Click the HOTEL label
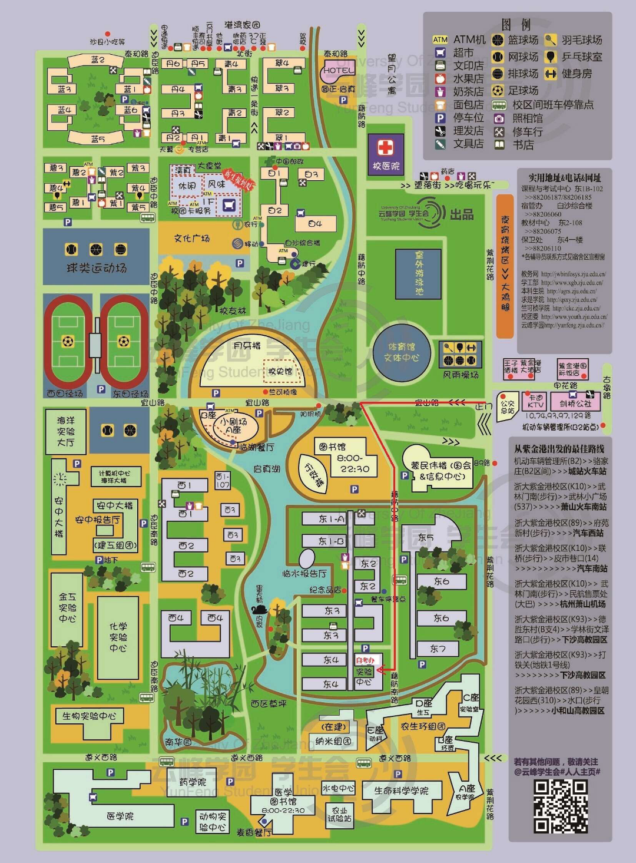(338, 71)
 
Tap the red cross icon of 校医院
(386, 147)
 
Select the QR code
(561, 806)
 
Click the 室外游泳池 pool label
(419, 273)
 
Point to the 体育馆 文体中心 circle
(402, 352)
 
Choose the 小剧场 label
(233, 422)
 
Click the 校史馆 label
(280, 371)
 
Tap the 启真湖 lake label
(266, 469)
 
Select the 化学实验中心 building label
(118, 636)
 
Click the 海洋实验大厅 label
(65, 431)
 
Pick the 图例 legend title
(516, 25)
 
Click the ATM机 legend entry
(459, 39)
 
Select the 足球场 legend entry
(515, 91)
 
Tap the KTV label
(535, 402)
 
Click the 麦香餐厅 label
(254, 832)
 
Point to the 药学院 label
(193, 782)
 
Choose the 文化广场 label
(191, 238)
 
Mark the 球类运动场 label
(97, 268)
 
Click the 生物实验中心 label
(89, 716)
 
